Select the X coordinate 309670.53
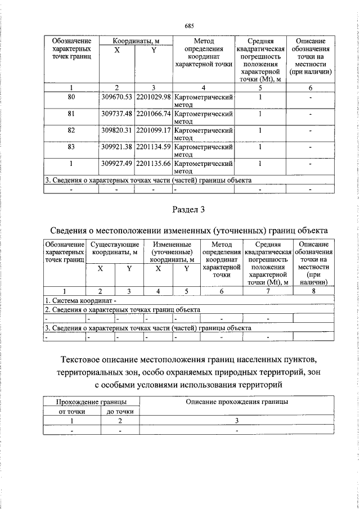pos(116,97)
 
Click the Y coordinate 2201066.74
pos(153,114)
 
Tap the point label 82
pos(71,130)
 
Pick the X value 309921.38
pos(116,147)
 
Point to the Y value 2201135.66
pos(153,164)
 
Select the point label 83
pos(71,147)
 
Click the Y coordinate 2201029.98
pos(153,97)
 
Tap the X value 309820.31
pos(116,130)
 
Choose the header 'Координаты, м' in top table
pos(135,42)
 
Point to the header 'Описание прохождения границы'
pos(237,402)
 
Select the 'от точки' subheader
pos(71,412)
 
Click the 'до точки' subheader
pos(120,412)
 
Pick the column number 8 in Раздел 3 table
pos(313,291)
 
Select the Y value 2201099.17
pos(153,130)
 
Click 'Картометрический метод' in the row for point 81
pos(203,117)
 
